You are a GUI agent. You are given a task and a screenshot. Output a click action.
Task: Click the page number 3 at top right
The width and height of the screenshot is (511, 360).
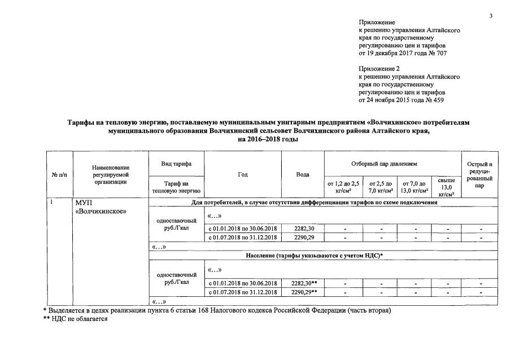point(491,15)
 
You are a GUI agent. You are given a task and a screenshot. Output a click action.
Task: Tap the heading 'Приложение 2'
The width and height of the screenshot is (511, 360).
point(379,68)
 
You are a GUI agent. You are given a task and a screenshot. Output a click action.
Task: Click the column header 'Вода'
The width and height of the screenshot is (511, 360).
point(303,175)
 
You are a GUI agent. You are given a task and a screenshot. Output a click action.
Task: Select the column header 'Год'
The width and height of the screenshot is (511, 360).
point(243,175)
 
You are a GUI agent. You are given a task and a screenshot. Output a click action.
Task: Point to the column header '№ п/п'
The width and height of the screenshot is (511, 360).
point(59,175)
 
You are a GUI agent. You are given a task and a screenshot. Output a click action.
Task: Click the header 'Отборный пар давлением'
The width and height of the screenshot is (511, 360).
point(392,164)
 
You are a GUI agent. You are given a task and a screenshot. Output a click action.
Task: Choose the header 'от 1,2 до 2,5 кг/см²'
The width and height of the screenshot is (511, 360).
point(343,187)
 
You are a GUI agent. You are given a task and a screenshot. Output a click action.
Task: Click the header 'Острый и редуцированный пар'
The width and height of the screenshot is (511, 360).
point(479,174)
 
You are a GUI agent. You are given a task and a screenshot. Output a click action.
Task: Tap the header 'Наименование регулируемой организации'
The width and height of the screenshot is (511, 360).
point(111,174)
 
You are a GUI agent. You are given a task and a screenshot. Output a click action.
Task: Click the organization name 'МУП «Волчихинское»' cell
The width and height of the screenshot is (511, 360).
point(100,207)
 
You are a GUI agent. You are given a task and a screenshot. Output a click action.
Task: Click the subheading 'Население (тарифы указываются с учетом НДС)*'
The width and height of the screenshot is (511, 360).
point(315,256)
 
